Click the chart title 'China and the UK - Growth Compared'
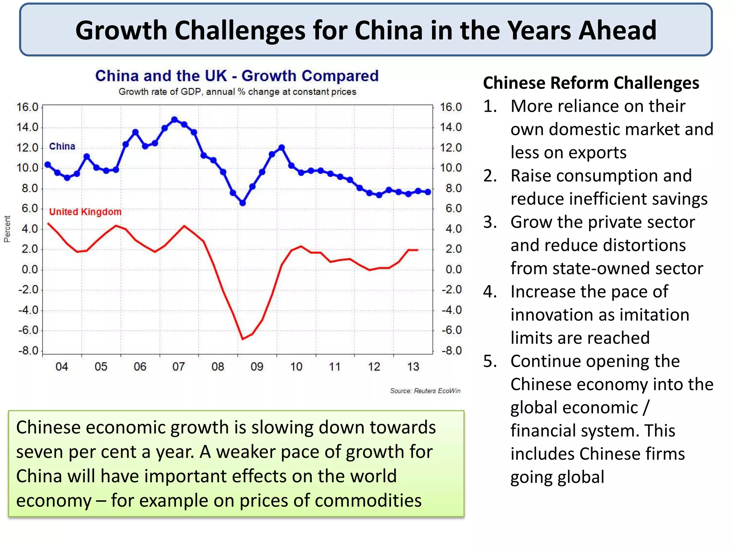click(x=237, y=76)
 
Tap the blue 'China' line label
click(x=62, y=147)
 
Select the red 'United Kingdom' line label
click(x=85, y=212)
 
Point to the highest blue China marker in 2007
click(x=174, y=120)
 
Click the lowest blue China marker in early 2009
click(x=242, y=203)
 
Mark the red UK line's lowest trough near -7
click(x=243, y=338)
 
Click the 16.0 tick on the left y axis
click(x=27, y=107)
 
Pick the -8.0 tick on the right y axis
click(x=451, y=351)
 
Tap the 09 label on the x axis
click(x=257, y=367)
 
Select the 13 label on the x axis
click(x=413, y=367)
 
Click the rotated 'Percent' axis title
click(x=7, y=229)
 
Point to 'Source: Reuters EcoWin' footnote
click(x=425, y=391)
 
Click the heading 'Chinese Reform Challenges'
click(x=591, y=83)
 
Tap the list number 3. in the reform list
click(x=490, y=222)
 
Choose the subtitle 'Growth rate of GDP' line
click(x=237, y=92)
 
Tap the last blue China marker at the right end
click(x=428, y=192)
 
